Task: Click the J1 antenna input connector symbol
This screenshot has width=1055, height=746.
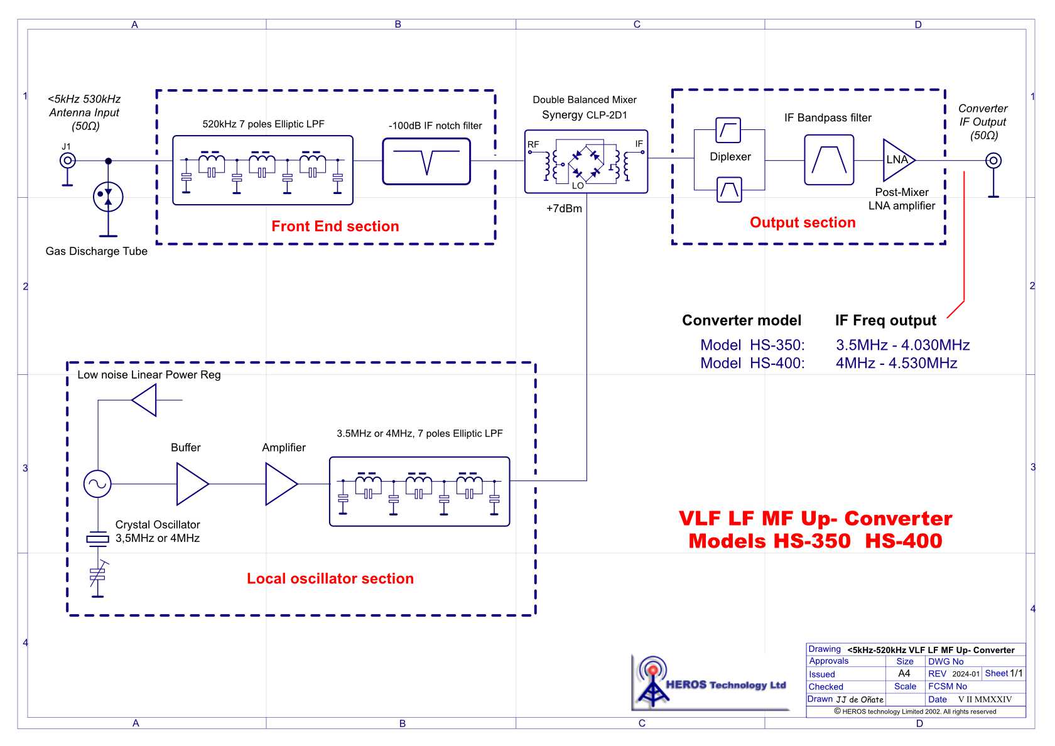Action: (67, 161)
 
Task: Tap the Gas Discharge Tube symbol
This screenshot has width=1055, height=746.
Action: (108, 197)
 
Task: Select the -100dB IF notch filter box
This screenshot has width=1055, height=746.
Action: (426, 161)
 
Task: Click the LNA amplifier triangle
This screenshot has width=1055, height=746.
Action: (897, 160)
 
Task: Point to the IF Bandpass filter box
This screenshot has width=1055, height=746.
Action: (829, 161)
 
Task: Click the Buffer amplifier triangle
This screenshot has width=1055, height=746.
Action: (191, 484)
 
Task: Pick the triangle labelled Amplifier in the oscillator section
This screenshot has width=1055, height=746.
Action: (280, 484)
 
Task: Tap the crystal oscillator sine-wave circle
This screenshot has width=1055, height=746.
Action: (97, 484)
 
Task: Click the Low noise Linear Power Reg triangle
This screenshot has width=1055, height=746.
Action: (146, 400)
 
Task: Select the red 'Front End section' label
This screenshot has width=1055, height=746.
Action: (335, 226)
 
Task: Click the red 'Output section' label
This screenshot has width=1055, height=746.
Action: (802, 222)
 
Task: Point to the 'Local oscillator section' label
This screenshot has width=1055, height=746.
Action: (330, 578)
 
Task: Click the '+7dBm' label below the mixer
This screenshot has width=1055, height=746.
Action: (564, 208)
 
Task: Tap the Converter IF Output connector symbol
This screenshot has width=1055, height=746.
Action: (993, 161)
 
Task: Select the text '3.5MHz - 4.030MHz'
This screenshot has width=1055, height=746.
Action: (902, 345)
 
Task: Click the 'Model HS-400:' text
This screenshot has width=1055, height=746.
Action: (752, 363)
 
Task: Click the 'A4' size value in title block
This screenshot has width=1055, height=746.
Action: (904, 673)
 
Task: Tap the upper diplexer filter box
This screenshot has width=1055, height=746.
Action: (728, 130)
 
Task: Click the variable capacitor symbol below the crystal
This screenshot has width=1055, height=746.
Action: (97, 575)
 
